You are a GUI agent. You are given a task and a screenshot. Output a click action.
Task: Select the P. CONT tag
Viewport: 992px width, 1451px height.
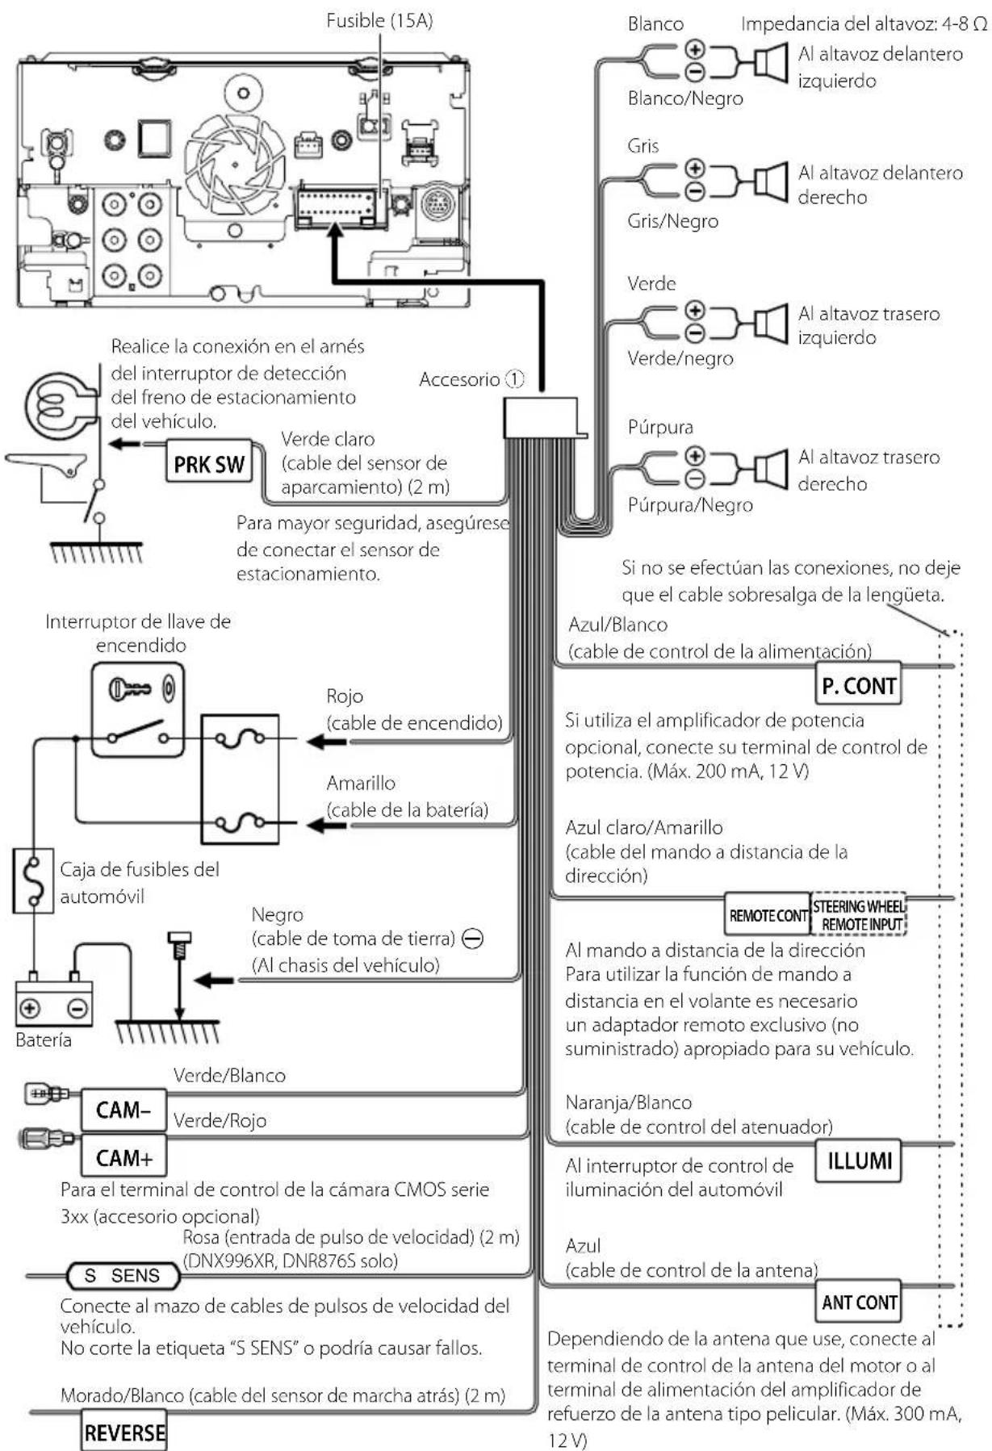(858, 685)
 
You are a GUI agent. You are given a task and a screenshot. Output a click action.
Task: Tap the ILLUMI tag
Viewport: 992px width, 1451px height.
(859, 1161)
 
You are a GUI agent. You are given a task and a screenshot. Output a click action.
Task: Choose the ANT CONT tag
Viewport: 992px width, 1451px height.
(859, 1302)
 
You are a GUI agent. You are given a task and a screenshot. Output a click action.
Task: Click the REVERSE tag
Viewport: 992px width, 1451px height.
(124, 1432)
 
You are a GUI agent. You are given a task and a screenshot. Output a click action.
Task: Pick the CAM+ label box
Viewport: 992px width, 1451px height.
(123, 1157)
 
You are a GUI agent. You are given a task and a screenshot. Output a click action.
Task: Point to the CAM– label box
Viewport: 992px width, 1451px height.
(123, 1110)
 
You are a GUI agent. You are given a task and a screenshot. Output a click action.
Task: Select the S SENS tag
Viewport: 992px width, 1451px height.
(123, 1276)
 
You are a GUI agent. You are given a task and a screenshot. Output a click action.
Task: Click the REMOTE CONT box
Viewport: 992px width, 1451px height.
(768, 915)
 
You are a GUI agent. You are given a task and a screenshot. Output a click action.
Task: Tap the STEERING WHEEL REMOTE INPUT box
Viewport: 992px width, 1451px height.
(859, 915)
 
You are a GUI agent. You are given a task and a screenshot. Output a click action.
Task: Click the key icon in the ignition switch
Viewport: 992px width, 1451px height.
(130, 688)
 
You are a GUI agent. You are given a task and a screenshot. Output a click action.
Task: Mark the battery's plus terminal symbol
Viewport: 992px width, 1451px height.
(30, 1008)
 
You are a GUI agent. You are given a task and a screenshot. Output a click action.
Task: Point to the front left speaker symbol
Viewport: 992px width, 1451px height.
(771, 62)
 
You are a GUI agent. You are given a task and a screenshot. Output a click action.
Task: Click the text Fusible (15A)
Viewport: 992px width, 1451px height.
(379, 21)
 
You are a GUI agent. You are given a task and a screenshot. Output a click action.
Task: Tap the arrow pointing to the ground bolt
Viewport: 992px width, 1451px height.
(216, 981)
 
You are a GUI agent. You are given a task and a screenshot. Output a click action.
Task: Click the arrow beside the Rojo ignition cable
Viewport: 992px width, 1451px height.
(326, 741)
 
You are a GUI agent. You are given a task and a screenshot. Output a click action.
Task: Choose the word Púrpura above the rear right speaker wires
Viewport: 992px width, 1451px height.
(660, 426)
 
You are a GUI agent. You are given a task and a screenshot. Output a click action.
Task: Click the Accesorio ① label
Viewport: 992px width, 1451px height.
(471, 378)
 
